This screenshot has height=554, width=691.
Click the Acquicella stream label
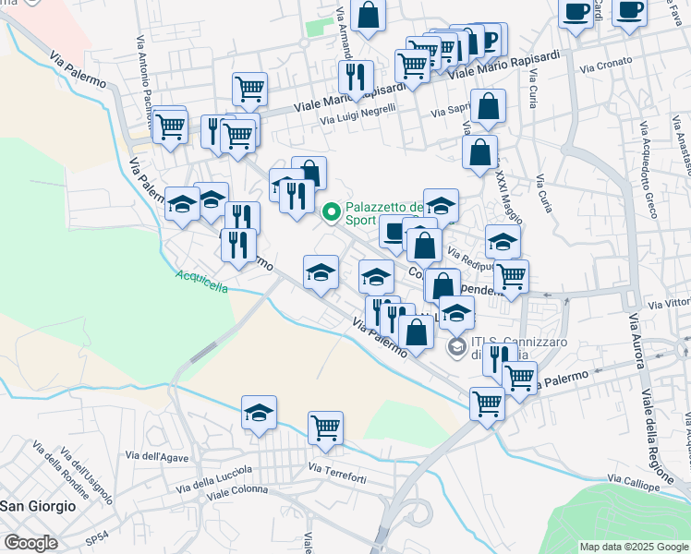(x=201, y=281)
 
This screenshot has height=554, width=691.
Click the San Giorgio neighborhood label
(x=38, y=506)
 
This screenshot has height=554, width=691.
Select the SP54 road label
(x=94, y=537)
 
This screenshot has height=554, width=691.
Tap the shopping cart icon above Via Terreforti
(x=325, y=427)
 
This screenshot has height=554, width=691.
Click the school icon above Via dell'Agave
(x=260, y=412)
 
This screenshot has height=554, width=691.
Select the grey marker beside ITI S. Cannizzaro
(x=455, y=347)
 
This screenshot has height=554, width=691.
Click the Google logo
(x=30, y=543)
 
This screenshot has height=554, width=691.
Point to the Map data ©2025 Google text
(x=633, y=547)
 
